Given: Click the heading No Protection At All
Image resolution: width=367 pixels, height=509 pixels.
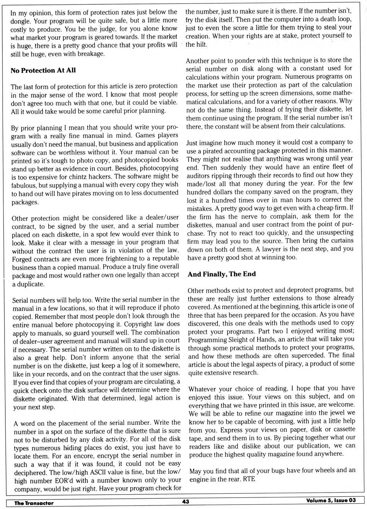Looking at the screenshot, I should pyautogui.click(x=43, y=70).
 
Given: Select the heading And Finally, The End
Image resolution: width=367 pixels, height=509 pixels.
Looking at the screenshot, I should pyautogui.click(x=222, y=274).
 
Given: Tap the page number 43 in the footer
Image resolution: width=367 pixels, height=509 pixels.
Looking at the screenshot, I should pyautogui.click(x=186, y=501).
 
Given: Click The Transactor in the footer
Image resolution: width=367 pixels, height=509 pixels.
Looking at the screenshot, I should pyautogui.click(x=34, y=503).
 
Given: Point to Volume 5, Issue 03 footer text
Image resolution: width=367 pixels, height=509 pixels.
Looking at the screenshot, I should pyautogui.click(x=331, y=500).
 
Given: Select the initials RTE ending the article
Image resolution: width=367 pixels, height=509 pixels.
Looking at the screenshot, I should pyautogui.click(x=249, y=479).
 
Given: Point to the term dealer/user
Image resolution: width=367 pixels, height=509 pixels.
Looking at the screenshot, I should pyautogui.click(x=160, y=218).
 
